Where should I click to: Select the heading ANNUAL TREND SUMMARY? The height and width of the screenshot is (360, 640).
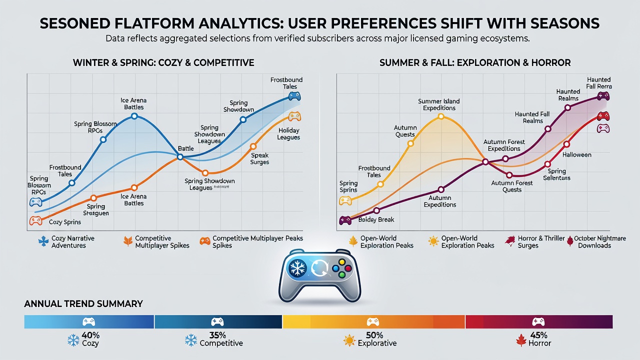[x=83, y=303]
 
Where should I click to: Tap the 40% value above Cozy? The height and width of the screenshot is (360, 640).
[x=90, y=335]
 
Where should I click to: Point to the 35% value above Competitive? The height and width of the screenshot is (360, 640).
[x=217, y=335]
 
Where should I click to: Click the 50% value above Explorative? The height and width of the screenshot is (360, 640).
[x=374, y=335]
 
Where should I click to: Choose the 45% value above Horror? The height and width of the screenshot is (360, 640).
[x=538, y=335]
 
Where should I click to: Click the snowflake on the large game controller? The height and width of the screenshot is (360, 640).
[x=297, y=268]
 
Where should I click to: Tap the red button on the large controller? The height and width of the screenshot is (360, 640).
[x=348, y=268]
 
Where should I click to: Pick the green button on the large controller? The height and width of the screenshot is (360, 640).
[x=341, y=275]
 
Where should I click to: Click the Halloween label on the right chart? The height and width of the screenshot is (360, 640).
[x=577, y=155]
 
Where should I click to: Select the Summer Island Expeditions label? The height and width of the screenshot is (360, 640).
[x=439, y=104]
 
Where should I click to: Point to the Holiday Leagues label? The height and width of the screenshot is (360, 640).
[x=288, y=134]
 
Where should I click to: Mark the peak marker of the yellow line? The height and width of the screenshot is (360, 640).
[x=441, y=116]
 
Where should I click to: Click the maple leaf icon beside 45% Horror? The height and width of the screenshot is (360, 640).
[x=521, y=340]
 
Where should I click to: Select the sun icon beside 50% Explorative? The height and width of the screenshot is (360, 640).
[x=349, y=340]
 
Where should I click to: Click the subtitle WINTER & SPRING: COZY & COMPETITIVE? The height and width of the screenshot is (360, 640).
[x=163, y=62]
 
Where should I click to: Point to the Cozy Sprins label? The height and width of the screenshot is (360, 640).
[x=65, y=222]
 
